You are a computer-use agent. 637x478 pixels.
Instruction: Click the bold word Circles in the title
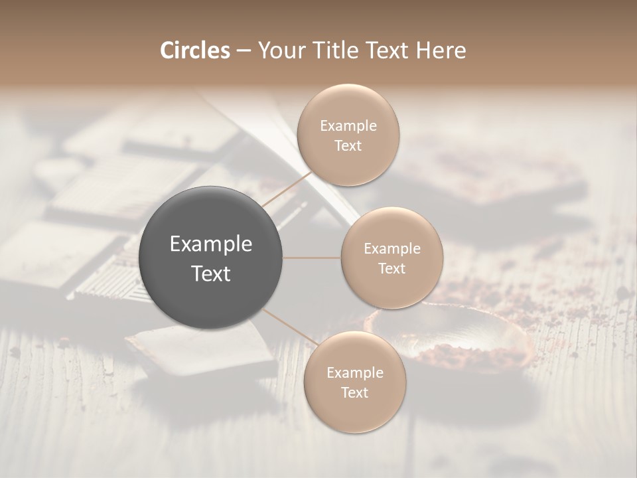195,50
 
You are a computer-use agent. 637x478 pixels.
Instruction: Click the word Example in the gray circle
210,244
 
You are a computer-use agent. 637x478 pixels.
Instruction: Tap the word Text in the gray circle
210,274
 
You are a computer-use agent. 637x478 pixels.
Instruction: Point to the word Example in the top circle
348,125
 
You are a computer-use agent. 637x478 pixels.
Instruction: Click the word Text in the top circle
348,145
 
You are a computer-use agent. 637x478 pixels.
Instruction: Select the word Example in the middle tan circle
392,248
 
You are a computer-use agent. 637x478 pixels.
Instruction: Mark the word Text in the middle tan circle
392,268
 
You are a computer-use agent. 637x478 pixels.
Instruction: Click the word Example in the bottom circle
354,372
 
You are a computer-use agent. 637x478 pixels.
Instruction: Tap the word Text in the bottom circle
354,392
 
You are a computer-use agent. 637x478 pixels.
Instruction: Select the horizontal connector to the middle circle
312,258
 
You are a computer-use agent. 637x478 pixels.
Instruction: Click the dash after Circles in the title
244,51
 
